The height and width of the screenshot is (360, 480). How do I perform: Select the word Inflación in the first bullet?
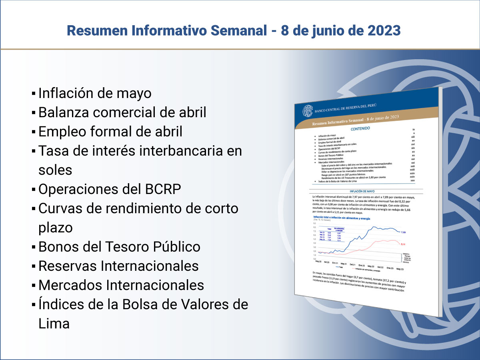point(65,93)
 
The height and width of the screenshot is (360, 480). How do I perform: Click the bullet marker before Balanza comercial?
point(34,113)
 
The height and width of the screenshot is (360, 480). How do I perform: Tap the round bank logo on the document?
point(308,111)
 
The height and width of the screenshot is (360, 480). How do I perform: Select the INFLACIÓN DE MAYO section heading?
point(362,192)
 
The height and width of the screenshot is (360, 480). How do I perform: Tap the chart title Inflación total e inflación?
point(342,218)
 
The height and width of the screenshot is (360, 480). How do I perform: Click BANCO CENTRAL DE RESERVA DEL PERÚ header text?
point(346,108)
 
